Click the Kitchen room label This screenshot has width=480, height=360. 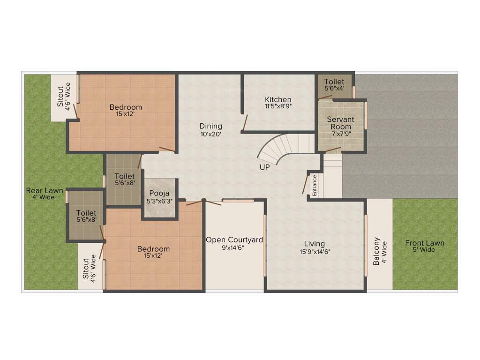tap(278, 99)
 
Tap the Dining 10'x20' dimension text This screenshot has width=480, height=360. tap(210, 134)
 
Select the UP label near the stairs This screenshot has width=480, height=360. tap(265, 167)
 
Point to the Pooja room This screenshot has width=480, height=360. tap(159, 197)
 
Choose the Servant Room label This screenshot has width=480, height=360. tap(340, 123)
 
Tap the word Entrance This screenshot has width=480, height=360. tap(315, 185)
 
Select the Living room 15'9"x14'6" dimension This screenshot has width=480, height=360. tap(314, 251)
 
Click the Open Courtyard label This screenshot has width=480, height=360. tap(234, 240)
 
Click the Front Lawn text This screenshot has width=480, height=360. tap(425, 243)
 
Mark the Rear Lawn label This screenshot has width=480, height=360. tap(44, 190)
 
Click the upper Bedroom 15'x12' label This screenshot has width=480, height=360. tap(126, 107)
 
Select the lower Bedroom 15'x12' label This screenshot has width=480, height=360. tap(153, 248)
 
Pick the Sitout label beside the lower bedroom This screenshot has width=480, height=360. tap(86, 269)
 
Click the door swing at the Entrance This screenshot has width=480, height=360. tap(305, 185)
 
